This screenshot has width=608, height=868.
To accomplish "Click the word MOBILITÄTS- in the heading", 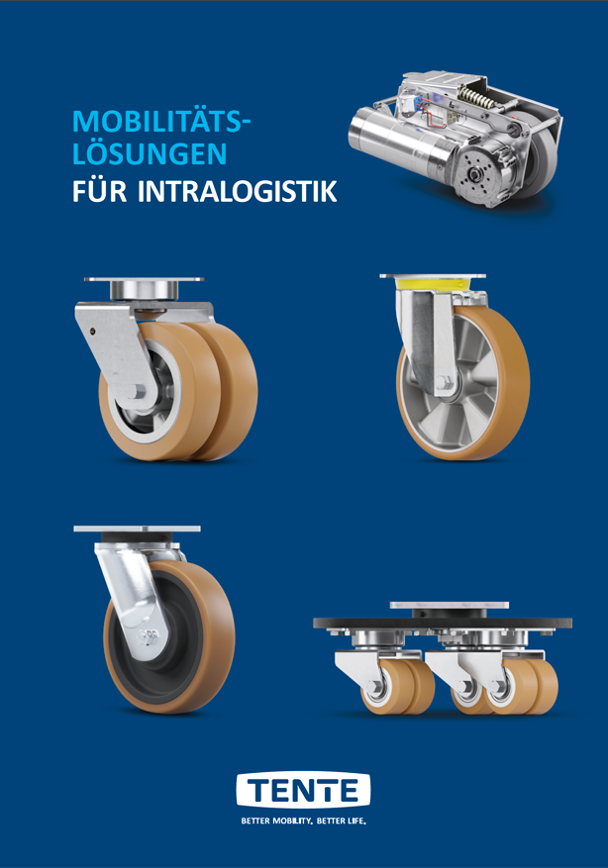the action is (157, 122).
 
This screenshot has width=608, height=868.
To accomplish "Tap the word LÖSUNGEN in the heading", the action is (150, 153).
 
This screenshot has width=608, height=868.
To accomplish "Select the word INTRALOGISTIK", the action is (237, 191).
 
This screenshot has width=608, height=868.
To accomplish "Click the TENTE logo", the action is (303, 790).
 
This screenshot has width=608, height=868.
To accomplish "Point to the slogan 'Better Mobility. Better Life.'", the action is (304, 820).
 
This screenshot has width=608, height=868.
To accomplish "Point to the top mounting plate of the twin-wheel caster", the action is (144, 279).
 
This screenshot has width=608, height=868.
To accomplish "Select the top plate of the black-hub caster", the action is (137, 529).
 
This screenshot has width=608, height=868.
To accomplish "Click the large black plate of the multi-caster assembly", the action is (443, 624).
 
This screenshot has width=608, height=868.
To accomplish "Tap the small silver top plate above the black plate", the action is (450, 606).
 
